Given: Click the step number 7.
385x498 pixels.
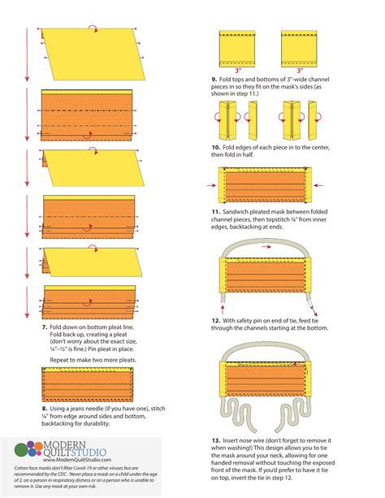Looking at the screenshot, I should [x=44, y=326].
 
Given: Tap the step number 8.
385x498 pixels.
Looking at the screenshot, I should [x=45, y=409].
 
